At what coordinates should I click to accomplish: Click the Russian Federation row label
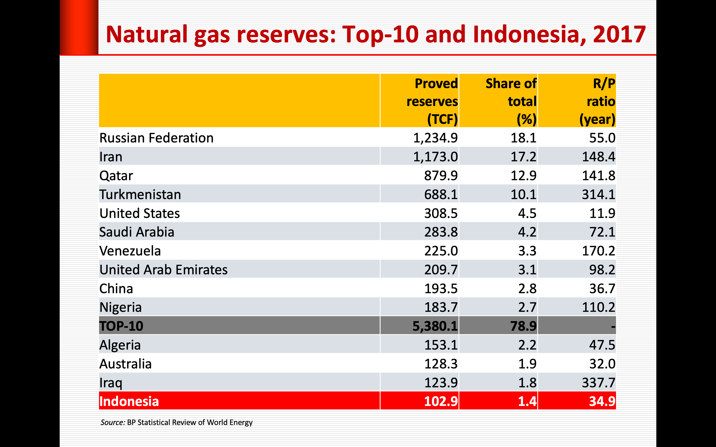pyautogui.click(x=156, y=138)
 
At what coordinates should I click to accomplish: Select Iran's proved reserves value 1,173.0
pyautogui.click(x=435, y=157)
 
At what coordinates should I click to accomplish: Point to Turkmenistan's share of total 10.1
pyautogui.click(x=523, y=194)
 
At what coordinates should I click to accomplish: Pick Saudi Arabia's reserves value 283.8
pyautogui.click(x=441, y=232)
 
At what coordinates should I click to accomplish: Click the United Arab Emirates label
pyautogui.click(x=163, y=270)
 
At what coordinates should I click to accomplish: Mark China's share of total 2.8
pyautogui.click(x=527, y=289)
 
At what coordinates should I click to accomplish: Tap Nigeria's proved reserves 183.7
pyautogui.click(x=441, y=307)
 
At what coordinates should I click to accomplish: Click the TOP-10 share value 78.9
pyautogui.click(x=523, y=326)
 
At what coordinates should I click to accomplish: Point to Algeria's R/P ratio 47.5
pyautogui.click(x=602, y=345)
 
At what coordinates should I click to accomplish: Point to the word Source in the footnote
pyautogui.click(x=112, y=422)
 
